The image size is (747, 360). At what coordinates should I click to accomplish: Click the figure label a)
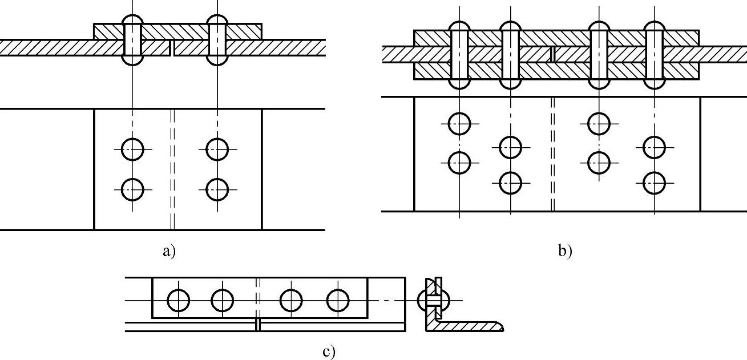(168, 251)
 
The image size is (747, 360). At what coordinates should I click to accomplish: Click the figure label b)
(565, 251)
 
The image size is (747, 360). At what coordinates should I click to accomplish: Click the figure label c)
(329, 352)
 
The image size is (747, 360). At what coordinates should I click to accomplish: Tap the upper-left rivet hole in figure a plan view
(133, 150)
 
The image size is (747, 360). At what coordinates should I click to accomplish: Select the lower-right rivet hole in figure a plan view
(217, 189)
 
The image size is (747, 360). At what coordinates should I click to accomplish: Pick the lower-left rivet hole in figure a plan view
(133, 189)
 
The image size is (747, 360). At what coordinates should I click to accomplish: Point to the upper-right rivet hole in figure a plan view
(217, 150)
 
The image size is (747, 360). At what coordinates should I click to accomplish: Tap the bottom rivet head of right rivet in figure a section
(217, 60)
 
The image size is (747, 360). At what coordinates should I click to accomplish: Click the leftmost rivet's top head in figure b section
(460, 26)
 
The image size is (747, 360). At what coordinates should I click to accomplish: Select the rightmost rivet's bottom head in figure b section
(653, 84)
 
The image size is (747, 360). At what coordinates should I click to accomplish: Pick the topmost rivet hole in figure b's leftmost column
(460, 123)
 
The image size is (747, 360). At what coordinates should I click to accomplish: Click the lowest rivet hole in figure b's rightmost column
(653, 183)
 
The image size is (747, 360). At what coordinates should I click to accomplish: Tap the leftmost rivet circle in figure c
(179, 300)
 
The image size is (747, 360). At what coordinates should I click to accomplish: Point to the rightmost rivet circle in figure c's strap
(337, 300)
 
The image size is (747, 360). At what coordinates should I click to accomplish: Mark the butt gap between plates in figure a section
(172, 48)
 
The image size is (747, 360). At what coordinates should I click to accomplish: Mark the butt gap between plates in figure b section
(552, 54)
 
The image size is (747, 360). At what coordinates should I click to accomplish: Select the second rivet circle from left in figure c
(223, 300)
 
